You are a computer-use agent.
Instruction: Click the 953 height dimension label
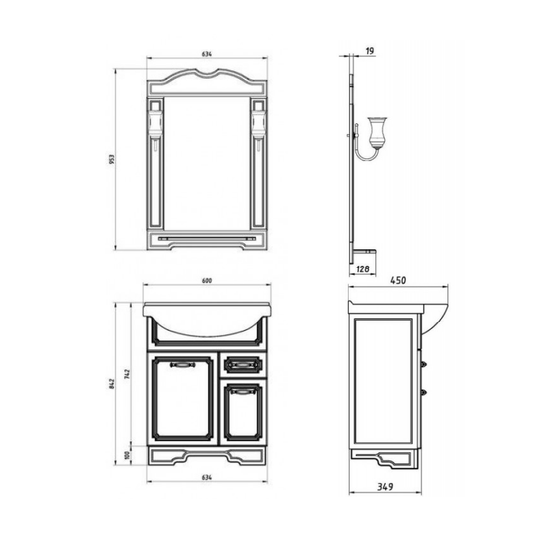pyautogui.click(x=112, y=160)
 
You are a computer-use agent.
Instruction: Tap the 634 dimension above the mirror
pyautogui.click(x=207, y=54)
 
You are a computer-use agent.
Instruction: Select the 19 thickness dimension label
pyautogui.click(x=370, y=51)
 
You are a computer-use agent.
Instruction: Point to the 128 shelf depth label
pyautogui.click(x=362, y=269)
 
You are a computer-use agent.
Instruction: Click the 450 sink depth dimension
pyautogui.click(x=398, y=280)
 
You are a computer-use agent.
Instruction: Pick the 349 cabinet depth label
pyautogui.click(x=386, y=486)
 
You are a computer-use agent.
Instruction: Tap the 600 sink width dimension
pyautogui.click(x=207, y=281)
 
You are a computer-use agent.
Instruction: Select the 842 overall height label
pyautogui.click(x=112, y=384)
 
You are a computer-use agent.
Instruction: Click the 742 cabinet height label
pyautogui.click(x=127, y=374)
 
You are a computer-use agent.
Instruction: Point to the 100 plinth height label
pyautogui.click(x=127, y=455)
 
